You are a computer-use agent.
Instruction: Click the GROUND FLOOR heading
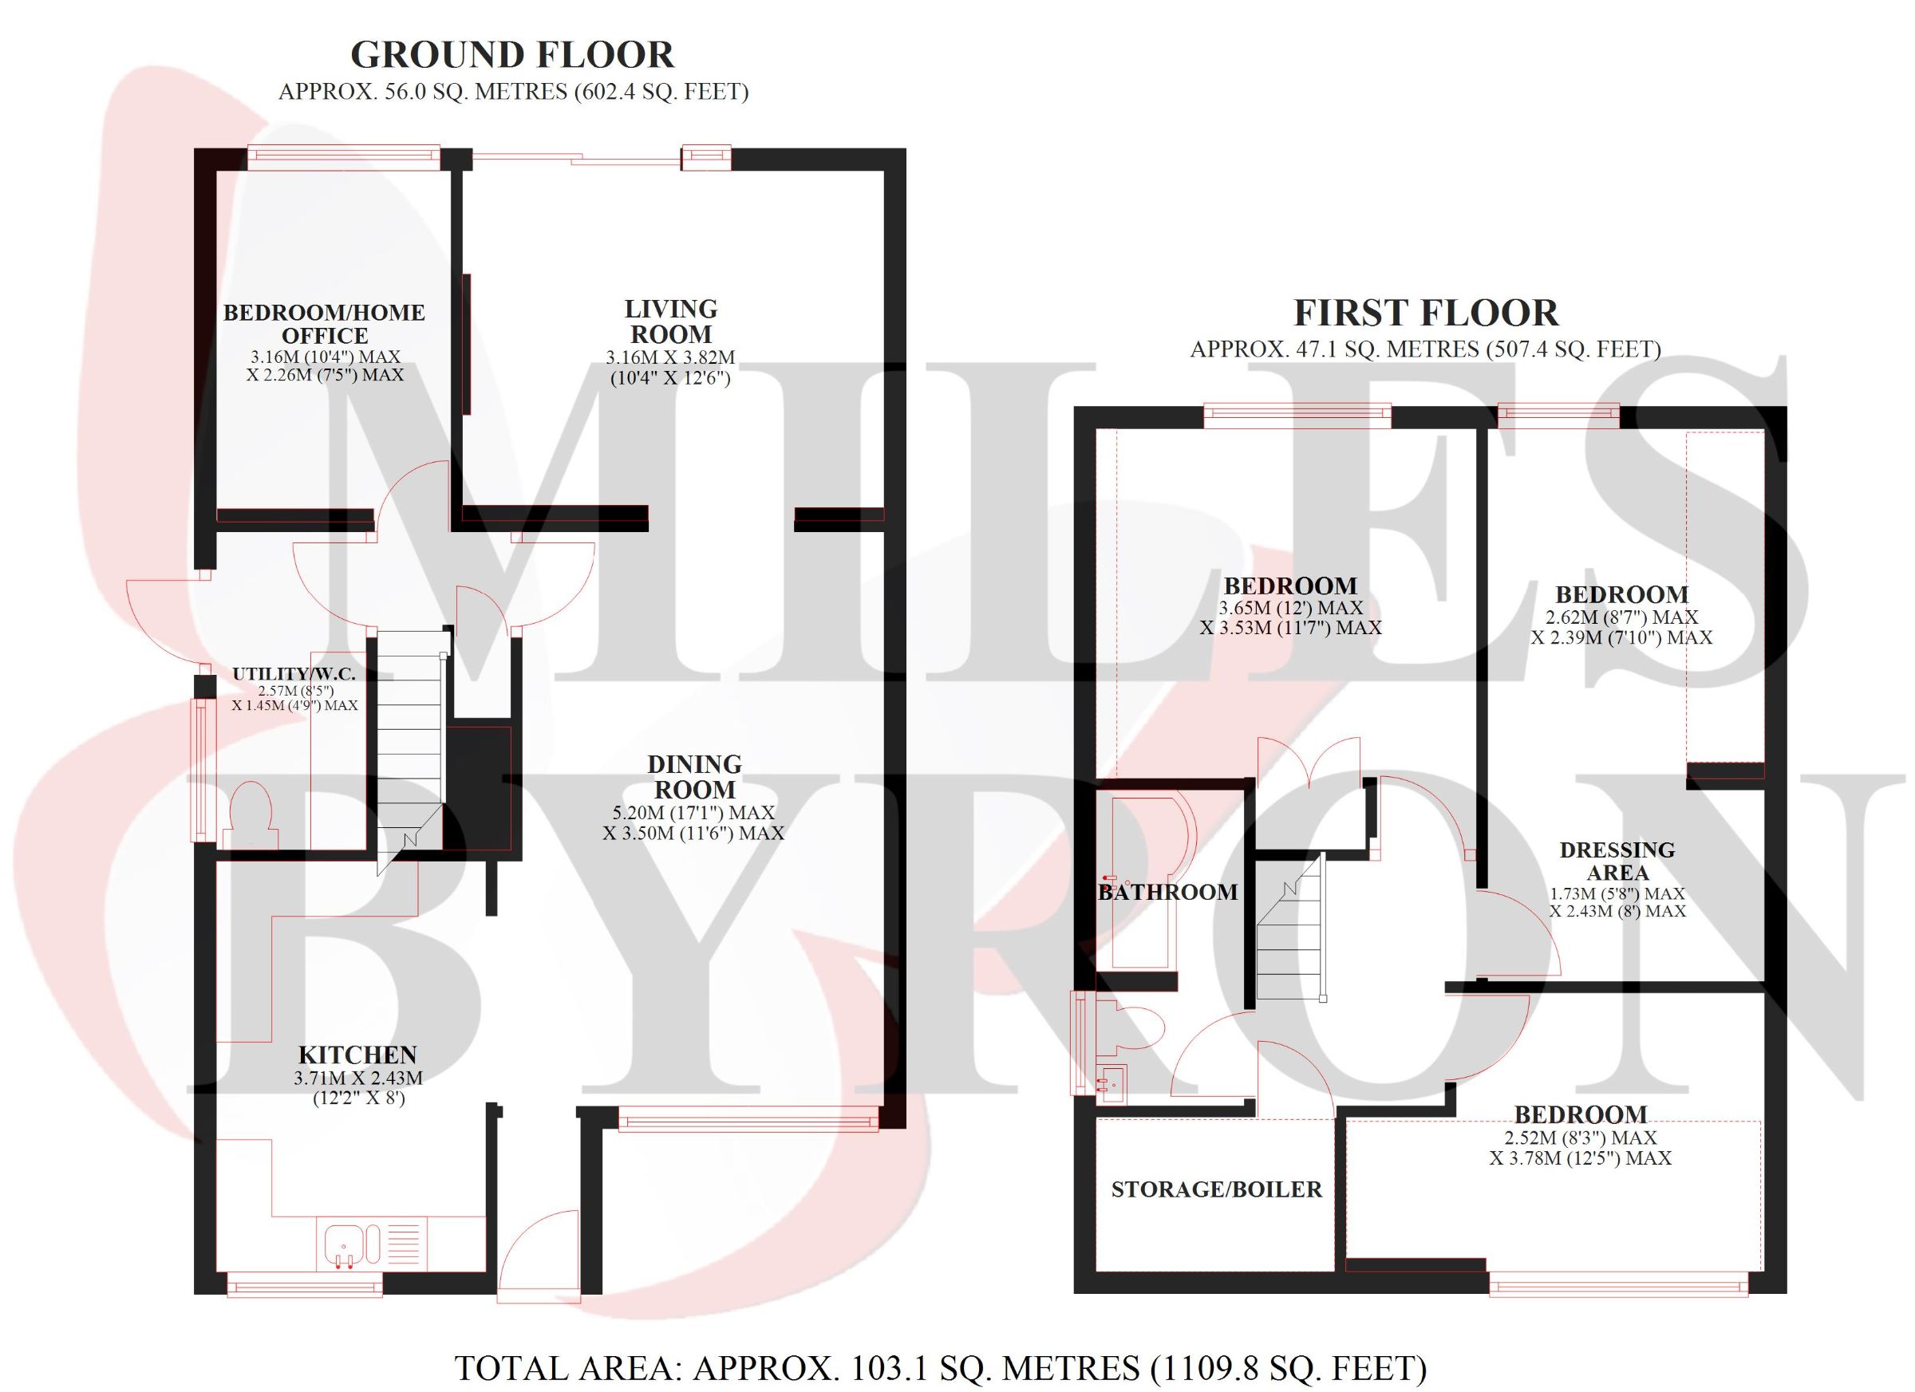pyautogui.click(x=512, y=55)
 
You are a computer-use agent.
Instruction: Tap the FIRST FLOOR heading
pyautogui.click(x=1426, y=313)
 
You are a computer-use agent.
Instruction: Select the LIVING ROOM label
pyautogui.click(x=670, y=321)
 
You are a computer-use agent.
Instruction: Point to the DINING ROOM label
pyautogui.click(x=694, y=777)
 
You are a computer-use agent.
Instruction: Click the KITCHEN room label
pyautogui.click(x=358, y=1055)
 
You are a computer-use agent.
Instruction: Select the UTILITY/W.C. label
pyautogui.click(x=294, y=673)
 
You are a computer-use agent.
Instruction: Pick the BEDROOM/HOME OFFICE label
pyautogui.click(x=324, y=324)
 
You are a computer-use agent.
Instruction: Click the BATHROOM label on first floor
pyautogui.click(x=1167, y=891)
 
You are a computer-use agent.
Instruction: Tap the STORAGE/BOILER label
pyautogui.click(x=1217, y=1189)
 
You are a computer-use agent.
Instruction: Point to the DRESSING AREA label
pyautogui.click(x=1617, y=860)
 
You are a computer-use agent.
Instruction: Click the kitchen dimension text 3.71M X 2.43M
pyautogui.click(x=358, y=1078)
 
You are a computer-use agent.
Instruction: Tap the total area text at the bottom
pyautogui.click(x=941, y=1368)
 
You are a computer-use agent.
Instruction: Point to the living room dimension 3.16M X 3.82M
pyautogui.click(x=670, y=358)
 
